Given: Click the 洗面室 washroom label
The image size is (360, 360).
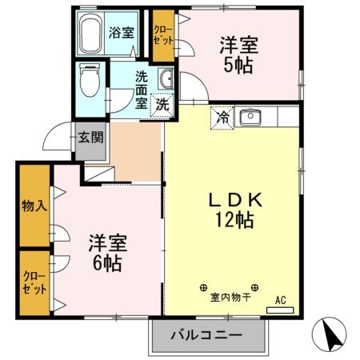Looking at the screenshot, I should click(142, 89).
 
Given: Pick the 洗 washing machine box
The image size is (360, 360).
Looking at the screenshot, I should click(162, 104).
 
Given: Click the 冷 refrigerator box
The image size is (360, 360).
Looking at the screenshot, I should click(222, 118).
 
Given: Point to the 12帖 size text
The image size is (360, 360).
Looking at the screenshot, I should click(233, 218).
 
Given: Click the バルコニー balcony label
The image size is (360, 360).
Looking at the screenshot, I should click(206, 336).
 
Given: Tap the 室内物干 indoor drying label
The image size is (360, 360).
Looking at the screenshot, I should click(230, 298).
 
